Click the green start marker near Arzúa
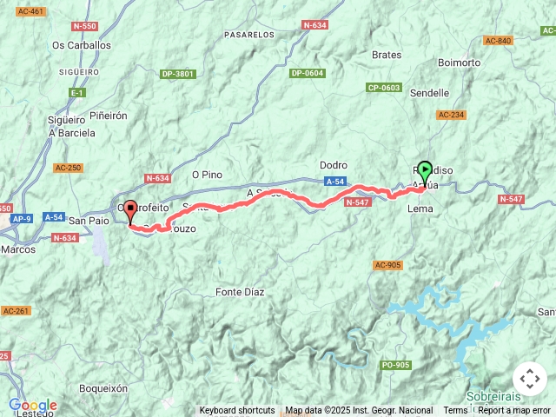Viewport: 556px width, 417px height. coord(425,171)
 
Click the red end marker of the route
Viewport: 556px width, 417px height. coord(130,210)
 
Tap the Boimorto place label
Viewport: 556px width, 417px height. coord(460,63)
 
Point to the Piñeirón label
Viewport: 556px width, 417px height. coord(108,115)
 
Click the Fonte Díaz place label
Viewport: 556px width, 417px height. coord(240,293)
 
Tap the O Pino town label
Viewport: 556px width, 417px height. coord(207,175)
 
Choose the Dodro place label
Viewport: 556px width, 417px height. coord(334,165)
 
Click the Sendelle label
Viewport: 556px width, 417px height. coord(429,93)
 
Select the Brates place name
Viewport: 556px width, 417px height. coord(387,55)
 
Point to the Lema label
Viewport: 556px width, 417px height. coord(420,209)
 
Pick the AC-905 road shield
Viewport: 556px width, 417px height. coord(387,265)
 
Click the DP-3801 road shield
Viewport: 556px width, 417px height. coord(178,74)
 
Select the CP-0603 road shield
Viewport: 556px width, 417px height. coord(383,88)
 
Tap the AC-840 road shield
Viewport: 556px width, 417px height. coord(499,41)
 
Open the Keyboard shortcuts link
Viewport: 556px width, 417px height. coord(237,410)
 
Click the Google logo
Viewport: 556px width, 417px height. coord(32,405)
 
